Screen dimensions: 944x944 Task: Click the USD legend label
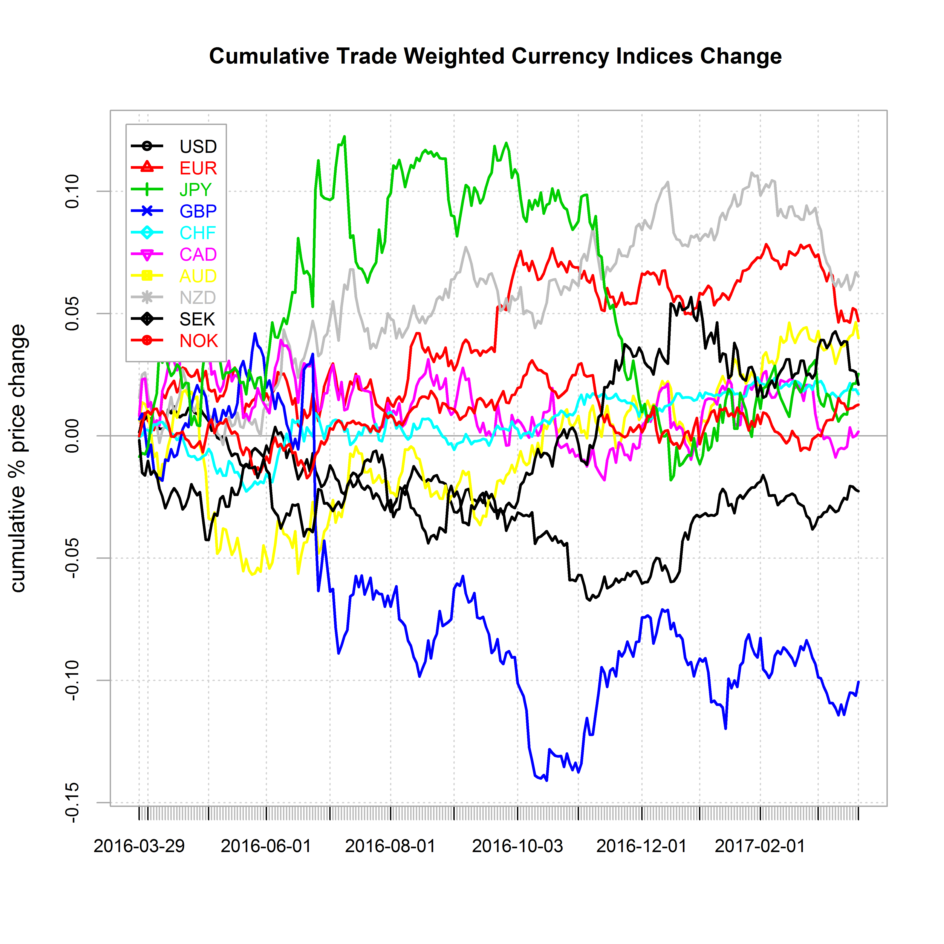[x=198, y=147]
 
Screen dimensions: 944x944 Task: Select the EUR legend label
[x=198, y=168]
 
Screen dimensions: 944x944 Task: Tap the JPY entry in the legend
[x=196, y=189]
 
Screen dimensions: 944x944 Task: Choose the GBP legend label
[x=198, y=211]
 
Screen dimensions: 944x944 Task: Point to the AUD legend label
[x=198, y=276]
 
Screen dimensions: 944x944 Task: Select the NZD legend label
[x=197, y=298]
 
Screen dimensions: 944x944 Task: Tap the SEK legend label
[x=197, y=319]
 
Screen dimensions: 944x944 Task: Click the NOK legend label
[x=198, y=341]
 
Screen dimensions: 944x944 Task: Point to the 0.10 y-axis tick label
[x=72, y=191]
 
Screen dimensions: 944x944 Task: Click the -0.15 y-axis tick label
[x=72, y=803]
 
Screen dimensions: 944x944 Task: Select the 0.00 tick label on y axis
[x=72, y=435]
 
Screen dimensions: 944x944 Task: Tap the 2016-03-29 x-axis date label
[x=139, y=846]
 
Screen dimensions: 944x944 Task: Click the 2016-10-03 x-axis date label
[x=517, y=846]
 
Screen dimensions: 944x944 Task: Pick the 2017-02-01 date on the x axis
[x=760, y=846]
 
